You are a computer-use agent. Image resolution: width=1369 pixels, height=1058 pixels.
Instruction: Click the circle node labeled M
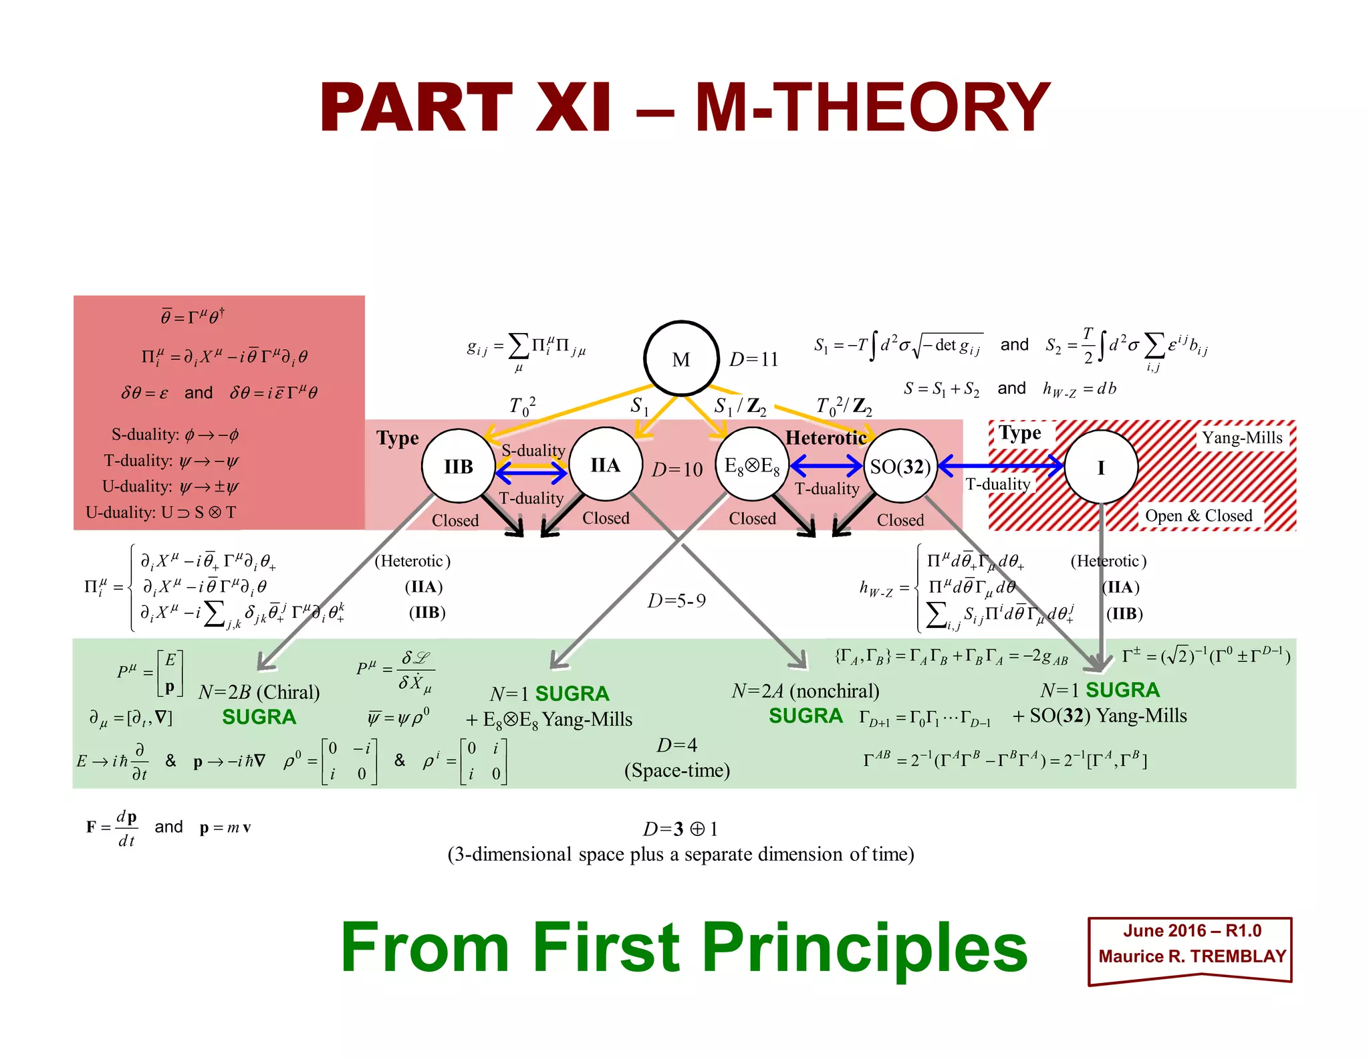coord(681,359)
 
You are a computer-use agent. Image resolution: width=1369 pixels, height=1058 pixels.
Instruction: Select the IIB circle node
coord(459,466)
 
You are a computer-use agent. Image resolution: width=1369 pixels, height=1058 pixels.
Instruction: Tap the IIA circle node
coord(606,465)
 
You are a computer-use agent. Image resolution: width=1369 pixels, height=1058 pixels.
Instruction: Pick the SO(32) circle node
coord(900,466)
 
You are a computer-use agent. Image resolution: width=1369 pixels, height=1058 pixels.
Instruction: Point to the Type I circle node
coord(1101,467)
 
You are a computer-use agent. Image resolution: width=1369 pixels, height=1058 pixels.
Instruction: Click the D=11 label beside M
coord(753,360)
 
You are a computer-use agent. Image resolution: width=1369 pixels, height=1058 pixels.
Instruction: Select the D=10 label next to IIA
coord(677,469)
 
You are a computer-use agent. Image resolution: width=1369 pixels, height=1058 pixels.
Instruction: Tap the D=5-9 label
coord(676,601)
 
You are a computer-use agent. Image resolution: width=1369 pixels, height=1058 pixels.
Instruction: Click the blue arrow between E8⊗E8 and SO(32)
coord(826,465)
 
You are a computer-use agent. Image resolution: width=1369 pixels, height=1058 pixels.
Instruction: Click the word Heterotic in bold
coord(826,438)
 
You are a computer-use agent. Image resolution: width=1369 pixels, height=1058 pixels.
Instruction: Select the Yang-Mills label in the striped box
coord(1242,437)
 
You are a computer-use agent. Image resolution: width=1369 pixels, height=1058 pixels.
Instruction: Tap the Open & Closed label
coord(1199,516)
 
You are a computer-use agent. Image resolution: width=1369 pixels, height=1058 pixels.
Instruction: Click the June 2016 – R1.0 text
coord(1192,931)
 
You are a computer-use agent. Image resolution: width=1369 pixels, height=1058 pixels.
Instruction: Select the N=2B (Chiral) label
coord(259,692)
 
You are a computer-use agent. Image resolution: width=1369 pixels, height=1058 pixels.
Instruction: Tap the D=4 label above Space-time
coord(676,745)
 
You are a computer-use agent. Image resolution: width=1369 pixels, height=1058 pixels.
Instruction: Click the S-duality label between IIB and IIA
coord(533,450)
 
